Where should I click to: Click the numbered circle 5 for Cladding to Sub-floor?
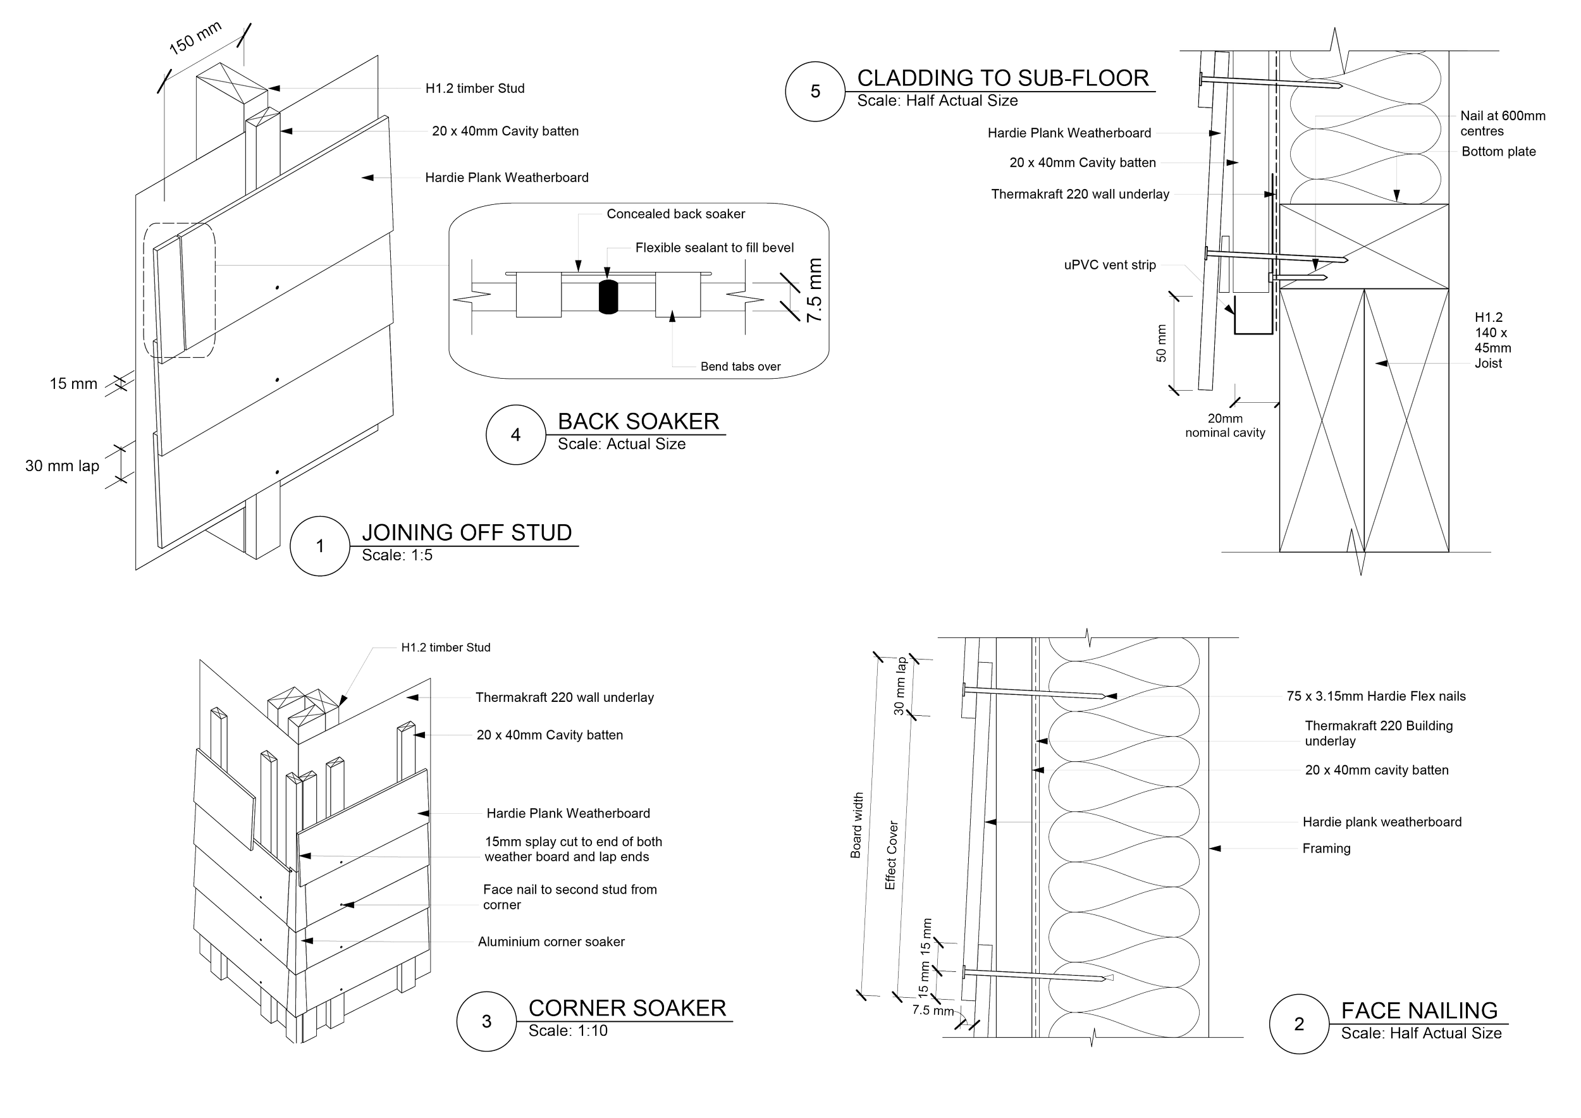click(815, 92)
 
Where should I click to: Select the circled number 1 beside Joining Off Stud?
click(319, 546)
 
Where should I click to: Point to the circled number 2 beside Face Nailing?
click(1299, 1024)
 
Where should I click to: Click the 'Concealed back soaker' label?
click(675, 214)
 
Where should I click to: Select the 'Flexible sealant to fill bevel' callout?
click(714, 248)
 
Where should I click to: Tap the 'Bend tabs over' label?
click(741, 367)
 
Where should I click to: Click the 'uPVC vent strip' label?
click(1110, 265)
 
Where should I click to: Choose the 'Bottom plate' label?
click(1498, 152)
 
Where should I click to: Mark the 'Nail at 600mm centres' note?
click(1503, 124)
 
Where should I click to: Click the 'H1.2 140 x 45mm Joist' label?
click(1497, 340)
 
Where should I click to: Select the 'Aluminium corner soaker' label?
click(551, 942)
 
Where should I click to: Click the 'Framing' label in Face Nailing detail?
click(1326, 849)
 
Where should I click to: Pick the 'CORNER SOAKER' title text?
click(627, 1009)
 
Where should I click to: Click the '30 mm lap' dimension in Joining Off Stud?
click(63, 467)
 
